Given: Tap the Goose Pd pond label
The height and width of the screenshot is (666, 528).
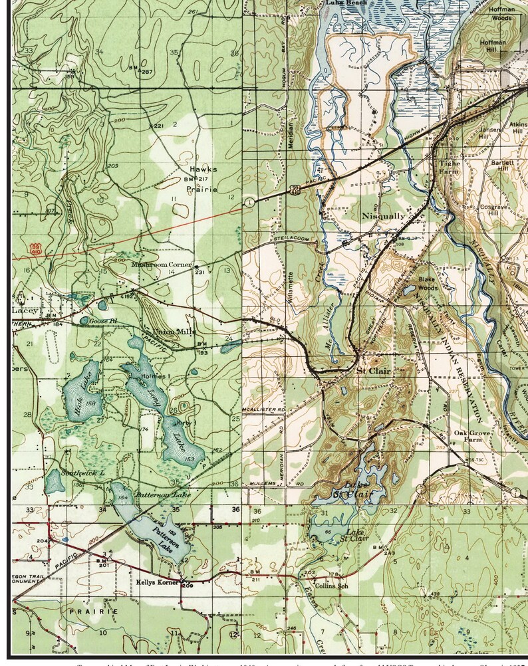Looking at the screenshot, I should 104,320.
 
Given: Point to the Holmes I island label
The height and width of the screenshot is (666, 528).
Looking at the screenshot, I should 156,377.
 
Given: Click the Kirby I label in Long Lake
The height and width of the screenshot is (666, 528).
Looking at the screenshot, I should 189,422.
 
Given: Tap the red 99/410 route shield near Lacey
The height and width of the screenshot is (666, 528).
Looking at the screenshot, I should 35,249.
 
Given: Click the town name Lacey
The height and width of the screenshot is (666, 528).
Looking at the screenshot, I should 25,310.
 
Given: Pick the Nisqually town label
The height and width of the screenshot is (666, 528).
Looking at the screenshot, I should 383,216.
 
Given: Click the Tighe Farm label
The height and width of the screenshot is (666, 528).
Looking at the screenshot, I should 449,167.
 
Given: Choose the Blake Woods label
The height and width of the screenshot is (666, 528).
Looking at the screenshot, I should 427,284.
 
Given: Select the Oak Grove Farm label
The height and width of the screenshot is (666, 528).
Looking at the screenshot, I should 467,436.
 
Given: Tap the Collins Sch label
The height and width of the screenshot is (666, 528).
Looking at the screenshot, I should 332,586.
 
